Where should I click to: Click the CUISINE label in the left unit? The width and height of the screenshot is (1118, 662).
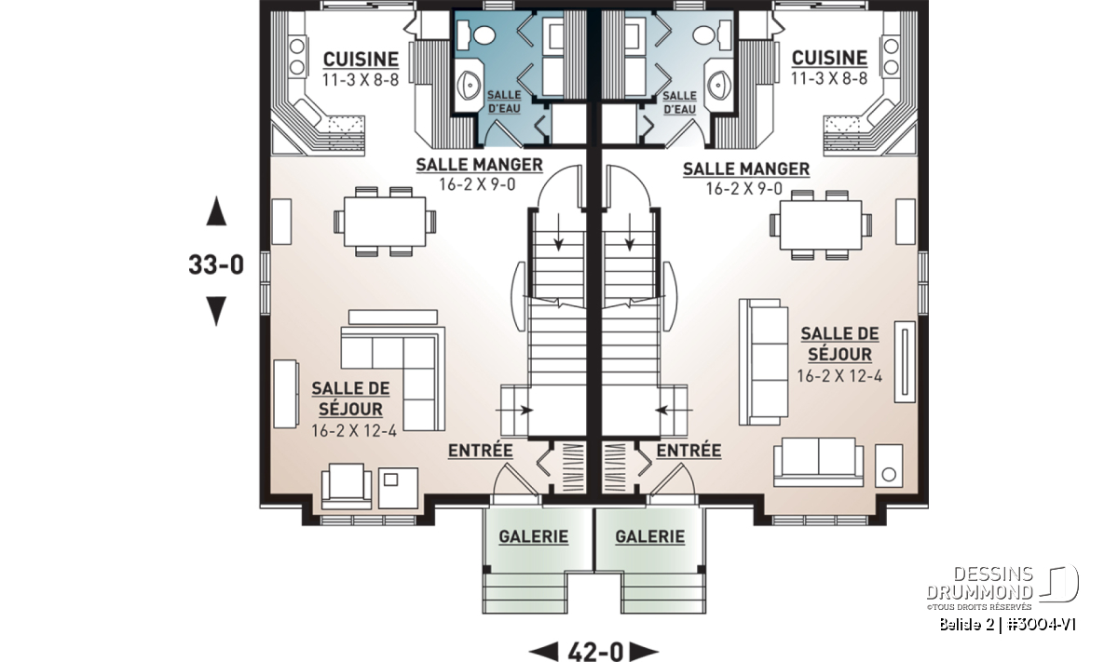pyautogui.click(x=361, y=60)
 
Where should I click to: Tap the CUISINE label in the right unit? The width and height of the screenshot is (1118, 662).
pyautogui.click(x=829, y=58)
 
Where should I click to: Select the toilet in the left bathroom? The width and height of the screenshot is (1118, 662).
pyautogui.click(x=477, y=35)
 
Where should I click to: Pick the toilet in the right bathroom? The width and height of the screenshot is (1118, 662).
pyautogui.click(x=711, y=35)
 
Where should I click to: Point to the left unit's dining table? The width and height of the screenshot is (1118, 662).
pyautogui.click(x=385, y=222)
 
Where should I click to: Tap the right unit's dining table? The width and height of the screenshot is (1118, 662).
pyautogui.click(x=821, y=225)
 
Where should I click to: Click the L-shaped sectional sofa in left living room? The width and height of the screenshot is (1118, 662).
pyautogui.click(x=393, y=378)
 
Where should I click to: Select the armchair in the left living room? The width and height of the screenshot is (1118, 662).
pyautogui.click(x=347, y=486)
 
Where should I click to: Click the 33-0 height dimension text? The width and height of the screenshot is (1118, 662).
pyautogui.click(x=216, y=264)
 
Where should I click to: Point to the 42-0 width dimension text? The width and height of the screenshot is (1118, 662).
pyautogui.click(x=595, y=652)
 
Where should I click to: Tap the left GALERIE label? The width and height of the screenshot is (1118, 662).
pyautogui.click(x=534, y=537)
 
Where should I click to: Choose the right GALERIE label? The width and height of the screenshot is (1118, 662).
pyautogui.click(x=650, y=537)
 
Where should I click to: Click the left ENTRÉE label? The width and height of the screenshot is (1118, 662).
pyautogui.click(x=480, y=451)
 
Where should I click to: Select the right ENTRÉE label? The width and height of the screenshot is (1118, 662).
pyautogui.click(x=689, y=451)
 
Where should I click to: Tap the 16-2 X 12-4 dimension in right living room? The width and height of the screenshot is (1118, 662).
pyautogui.click(x=839, y=376)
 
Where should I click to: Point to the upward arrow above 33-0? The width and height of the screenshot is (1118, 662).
pyautogui.click(x=216, y=211)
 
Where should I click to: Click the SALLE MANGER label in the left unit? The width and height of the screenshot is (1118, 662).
pyautogui.click(x=479, y=165)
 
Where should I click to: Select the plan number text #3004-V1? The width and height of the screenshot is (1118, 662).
pyautogui.click(x=1042, y=625)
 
